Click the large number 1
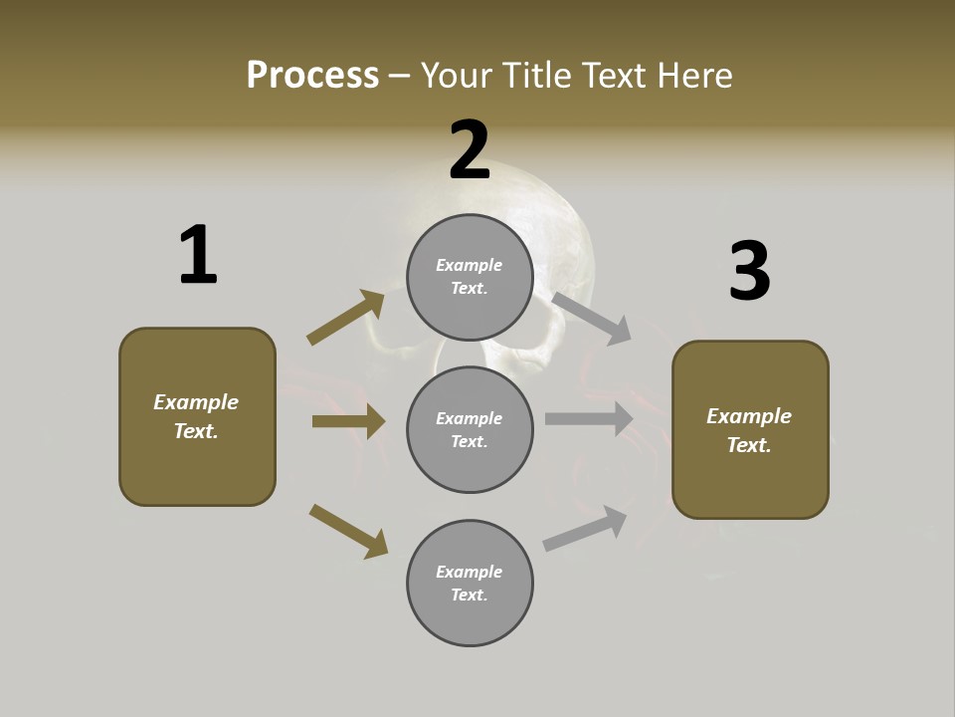click(198, 256)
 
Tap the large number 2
click(470, 150)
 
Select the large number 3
click(749, 271)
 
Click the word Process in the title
click(312, 76)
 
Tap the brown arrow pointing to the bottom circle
click(348, 530)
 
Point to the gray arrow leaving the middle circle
click(588, 419)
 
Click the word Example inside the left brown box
click(196, 402)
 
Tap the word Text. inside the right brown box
click(749, 445)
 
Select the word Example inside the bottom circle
click(470, 572)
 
